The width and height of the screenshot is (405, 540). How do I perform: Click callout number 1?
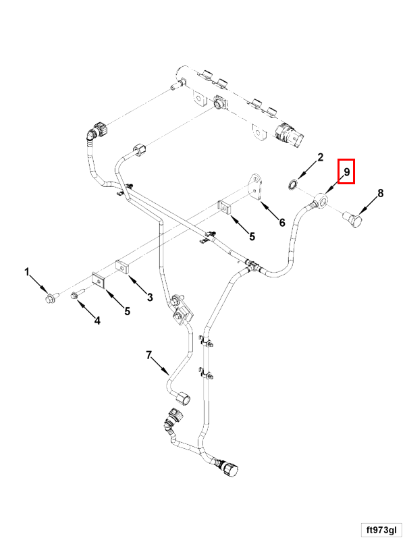[28, 273]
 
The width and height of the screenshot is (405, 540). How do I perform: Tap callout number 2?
[321, 158]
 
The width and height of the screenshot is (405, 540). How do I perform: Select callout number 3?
[150, 296]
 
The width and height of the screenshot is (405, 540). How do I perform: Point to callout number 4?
[97, 321]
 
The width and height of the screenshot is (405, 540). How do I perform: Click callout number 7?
[149, 355]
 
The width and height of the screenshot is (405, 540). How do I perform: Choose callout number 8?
[380, 194]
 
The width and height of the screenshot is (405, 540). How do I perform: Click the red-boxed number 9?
[346, 172]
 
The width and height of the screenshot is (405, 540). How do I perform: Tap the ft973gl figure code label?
[381, 529]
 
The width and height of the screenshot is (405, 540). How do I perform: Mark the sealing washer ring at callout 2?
[294, 184]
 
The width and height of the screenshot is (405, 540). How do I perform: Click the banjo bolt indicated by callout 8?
[355, 220]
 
